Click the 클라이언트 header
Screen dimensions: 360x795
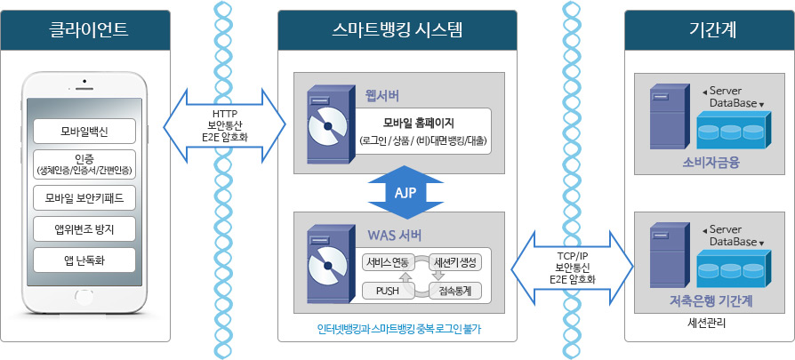[86, 30]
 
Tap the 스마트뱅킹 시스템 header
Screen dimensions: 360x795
[397, 30]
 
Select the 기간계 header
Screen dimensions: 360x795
[711, 30]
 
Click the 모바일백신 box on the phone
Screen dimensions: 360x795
[85, 132]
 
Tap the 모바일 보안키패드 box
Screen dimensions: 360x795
[85, 196]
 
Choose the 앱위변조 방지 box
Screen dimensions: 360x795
[85, 228]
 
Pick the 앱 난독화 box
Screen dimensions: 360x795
[85, 260]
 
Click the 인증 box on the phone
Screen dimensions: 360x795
[85, 164]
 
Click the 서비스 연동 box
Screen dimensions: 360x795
[387, 261]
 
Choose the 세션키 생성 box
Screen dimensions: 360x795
[454, 261]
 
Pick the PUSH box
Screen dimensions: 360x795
[387, 290]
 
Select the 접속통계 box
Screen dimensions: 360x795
[454, 290]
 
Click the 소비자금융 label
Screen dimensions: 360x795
[711, 163]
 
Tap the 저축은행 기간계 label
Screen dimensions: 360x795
[711, 301]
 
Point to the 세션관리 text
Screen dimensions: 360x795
[708, 323]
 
